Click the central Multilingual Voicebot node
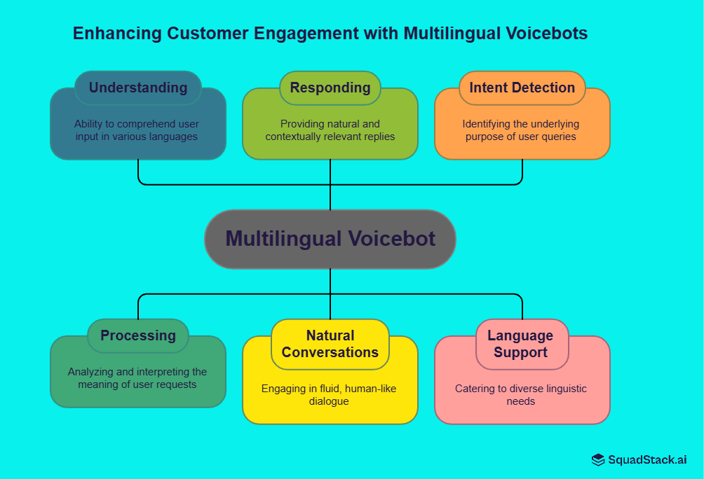click(330, 239)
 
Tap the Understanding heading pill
click(138, 88)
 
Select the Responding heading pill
click(330, 88)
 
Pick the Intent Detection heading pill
click(522, 88)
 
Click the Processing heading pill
click(138, 335)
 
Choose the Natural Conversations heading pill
click(330, 344)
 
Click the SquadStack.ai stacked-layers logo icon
click(598, 460)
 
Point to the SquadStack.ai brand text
click(647, 460)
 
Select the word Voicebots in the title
click(548, 33)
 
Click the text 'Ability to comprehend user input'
click(137, 130)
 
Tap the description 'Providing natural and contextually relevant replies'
click(330, 130)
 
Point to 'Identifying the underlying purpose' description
click(521, 130)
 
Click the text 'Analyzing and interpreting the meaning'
click(137, 378)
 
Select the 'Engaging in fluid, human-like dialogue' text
click(330, 395)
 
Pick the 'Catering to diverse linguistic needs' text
click(521, 395)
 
